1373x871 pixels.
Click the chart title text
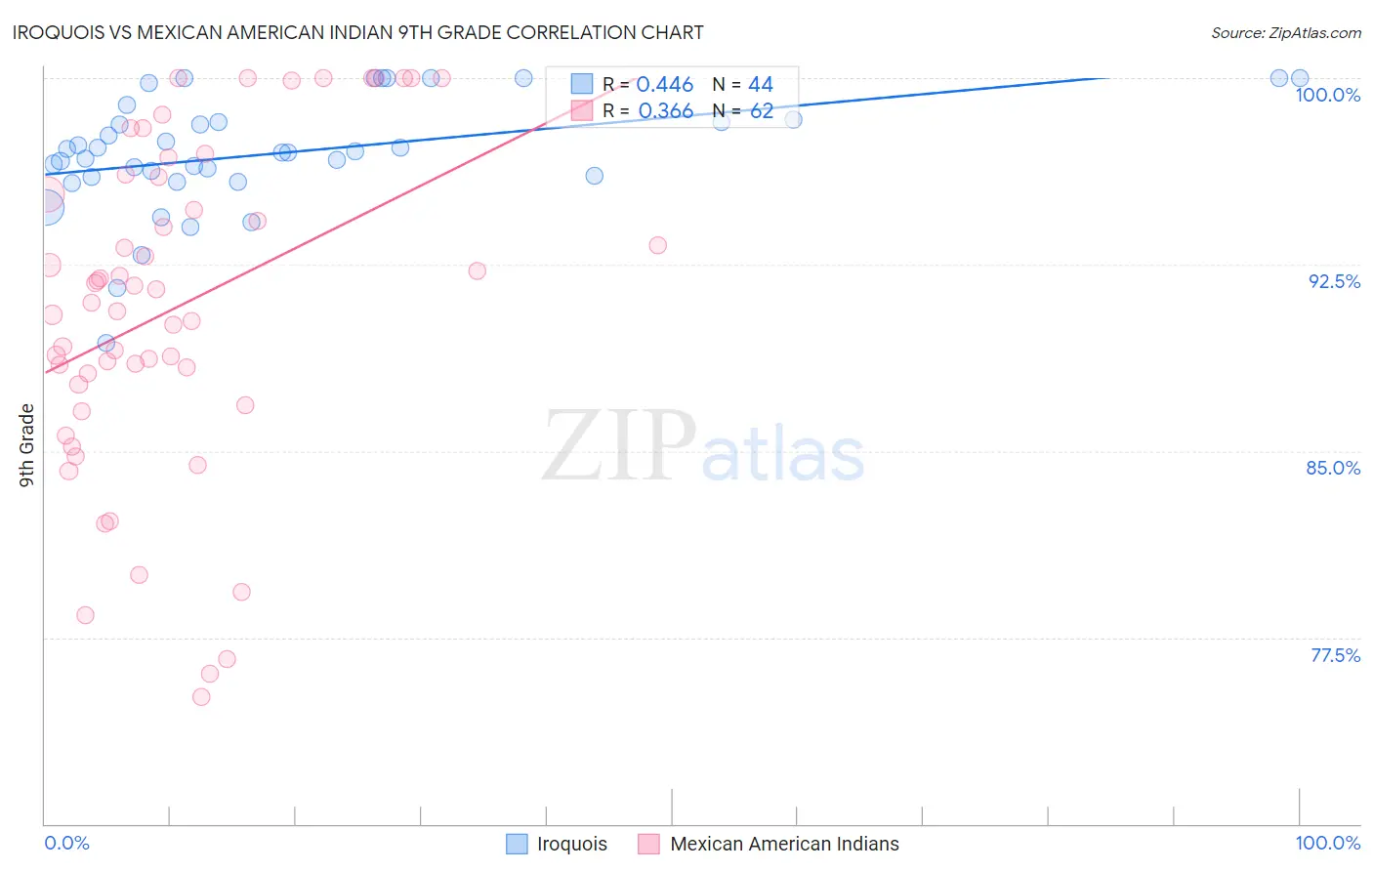point(357,32)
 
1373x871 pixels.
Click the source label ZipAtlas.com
point(1285,33)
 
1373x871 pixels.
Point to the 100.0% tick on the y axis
point(1327,95)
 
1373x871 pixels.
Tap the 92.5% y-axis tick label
point(1334,281)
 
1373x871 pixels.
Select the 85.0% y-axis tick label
point(1333,468)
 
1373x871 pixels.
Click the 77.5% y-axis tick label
point(1334,655)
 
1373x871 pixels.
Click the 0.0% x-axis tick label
point(66,843)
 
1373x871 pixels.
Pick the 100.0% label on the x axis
point(1327,843)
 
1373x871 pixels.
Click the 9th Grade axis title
point(26,444)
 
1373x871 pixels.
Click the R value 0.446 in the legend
point(665,85)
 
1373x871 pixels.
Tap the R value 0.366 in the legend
point(665,111)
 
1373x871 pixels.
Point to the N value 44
point(761,85)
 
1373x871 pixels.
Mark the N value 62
point(761,111)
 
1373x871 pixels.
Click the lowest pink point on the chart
point(201,697)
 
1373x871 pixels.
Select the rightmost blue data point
point(1300,78)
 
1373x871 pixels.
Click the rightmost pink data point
point(657,245)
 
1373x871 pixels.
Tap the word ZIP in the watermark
point(618,445)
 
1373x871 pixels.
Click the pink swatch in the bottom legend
point(648,844)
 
